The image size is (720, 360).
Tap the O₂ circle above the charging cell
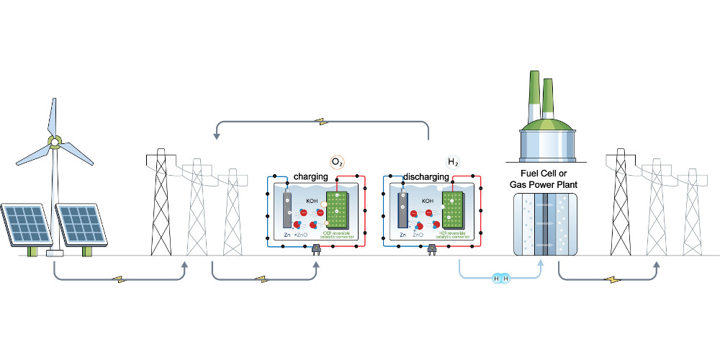point(336,161)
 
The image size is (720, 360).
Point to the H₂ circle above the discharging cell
point(453,161)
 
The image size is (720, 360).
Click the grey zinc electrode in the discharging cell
point(404,209)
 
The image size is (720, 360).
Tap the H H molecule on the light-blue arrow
point(500,278)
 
